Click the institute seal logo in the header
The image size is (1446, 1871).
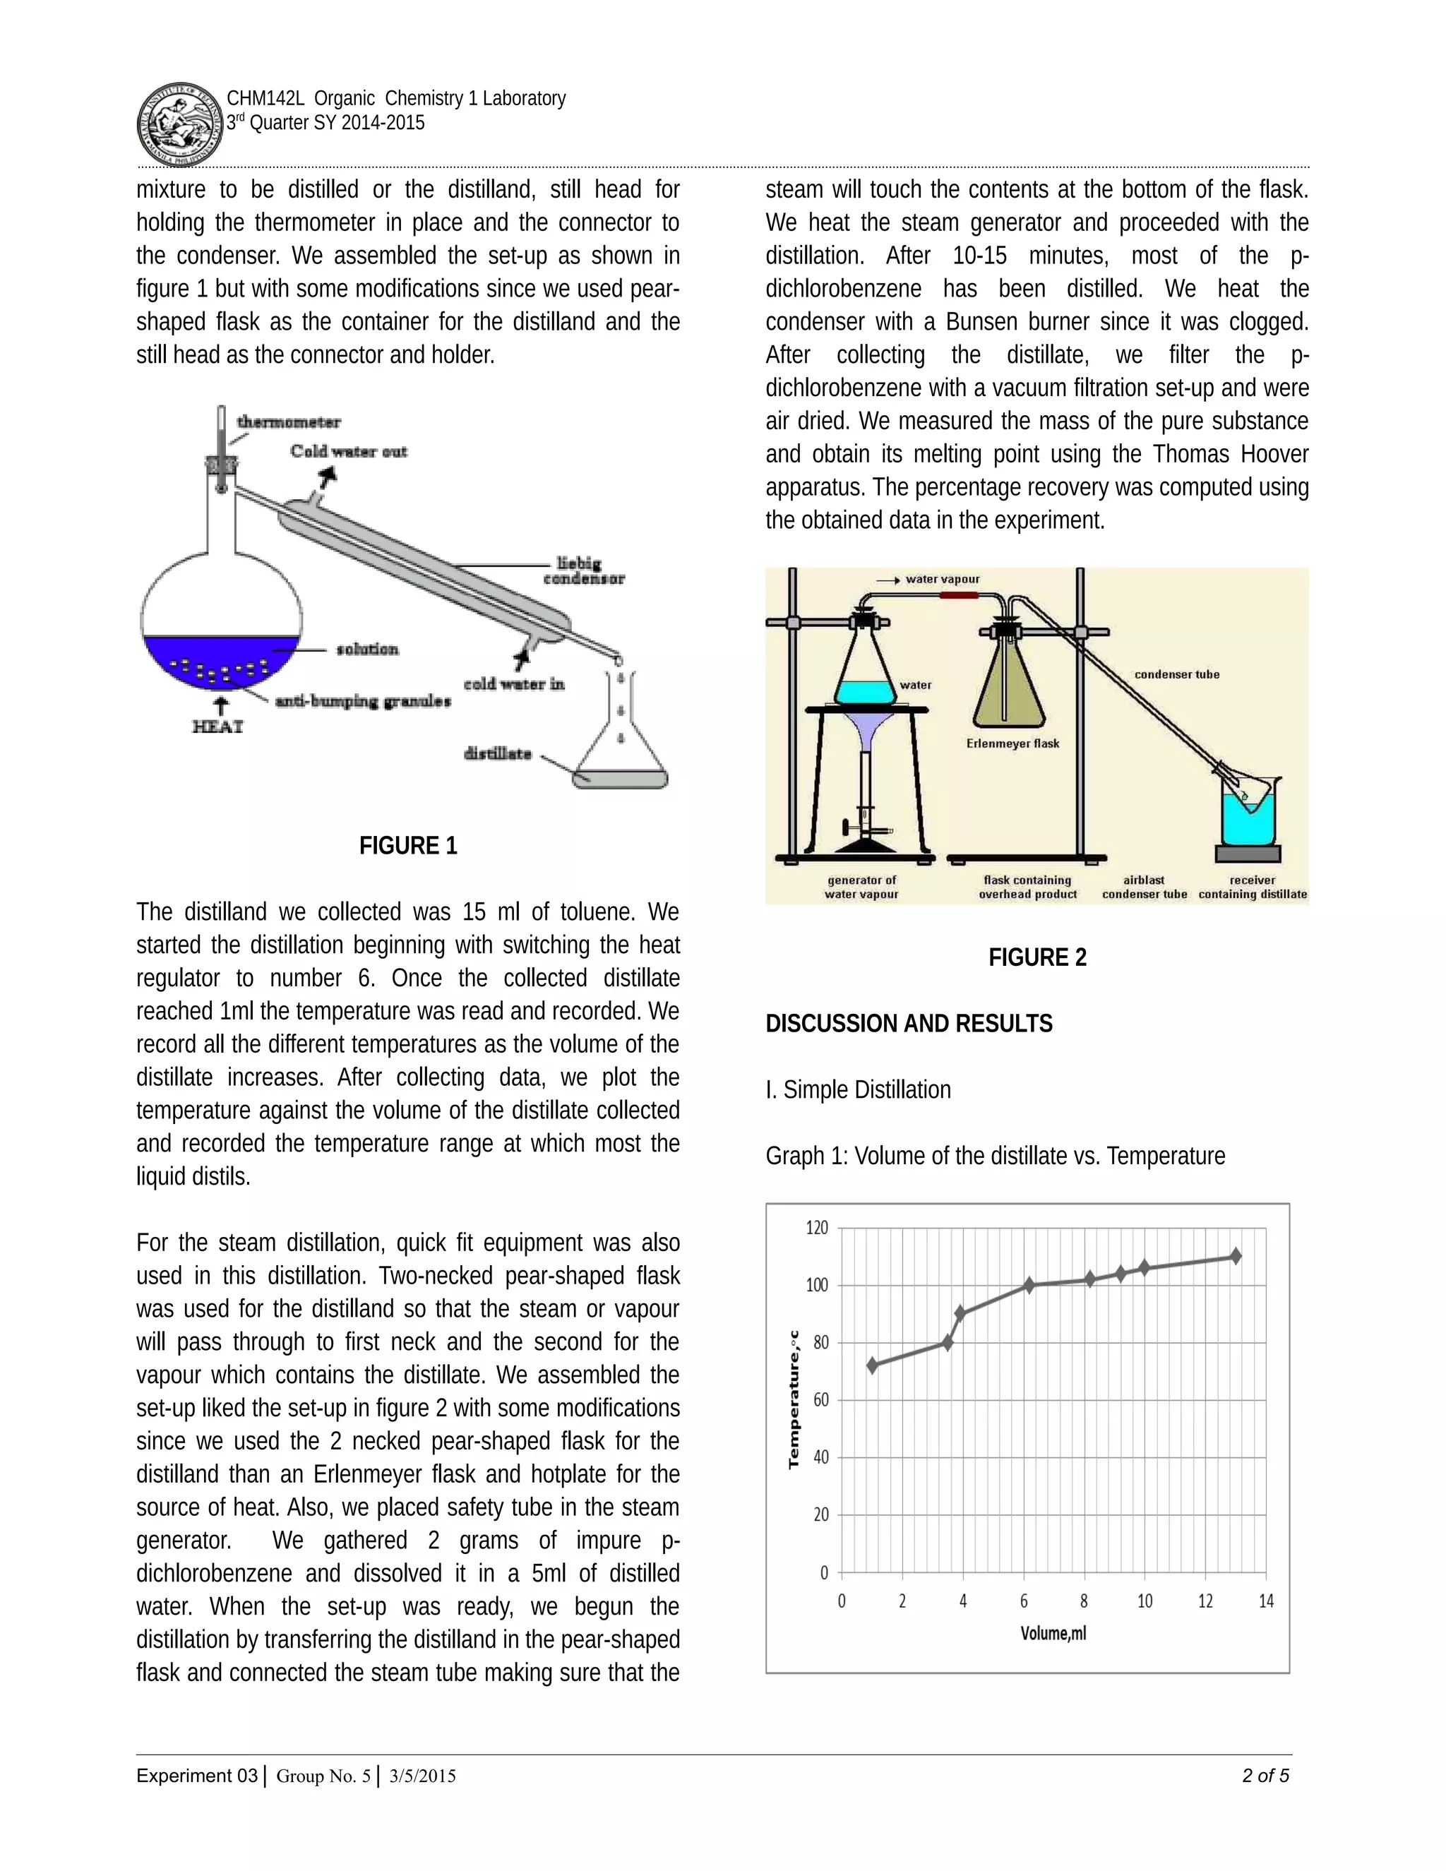[179, 125]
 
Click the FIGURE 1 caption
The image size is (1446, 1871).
[408, 846]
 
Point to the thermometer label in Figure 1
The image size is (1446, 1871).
[288, 422]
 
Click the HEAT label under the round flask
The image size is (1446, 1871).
[217, 727]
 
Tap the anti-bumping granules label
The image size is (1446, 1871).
[362, 701]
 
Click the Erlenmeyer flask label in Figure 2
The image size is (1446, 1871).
[1012, 743]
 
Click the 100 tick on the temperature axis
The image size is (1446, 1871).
[816, 1285]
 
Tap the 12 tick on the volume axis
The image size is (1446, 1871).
[1205, 1601]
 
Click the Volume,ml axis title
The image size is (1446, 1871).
[1053, 1633]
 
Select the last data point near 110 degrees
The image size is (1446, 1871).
[1236, 1256]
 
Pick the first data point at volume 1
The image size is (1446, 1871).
[872, 1365]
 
